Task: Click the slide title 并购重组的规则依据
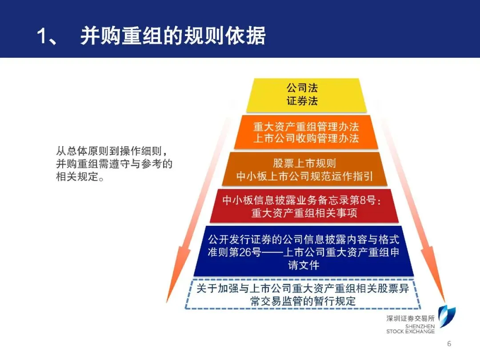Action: coord(173,36)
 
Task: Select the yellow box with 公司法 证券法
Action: coord(306,94)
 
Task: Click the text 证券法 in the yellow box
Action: coord(302,101)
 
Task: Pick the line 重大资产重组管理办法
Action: coord(306,126)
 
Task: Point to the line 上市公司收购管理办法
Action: coord(306,138)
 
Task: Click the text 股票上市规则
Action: coord(304,163)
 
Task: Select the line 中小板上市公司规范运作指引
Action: coord(304,176)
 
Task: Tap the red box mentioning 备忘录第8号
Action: coord(304,206)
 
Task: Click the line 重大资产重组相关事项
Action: coord(304,213)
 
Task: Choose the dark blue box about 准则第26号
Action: coord(304,252)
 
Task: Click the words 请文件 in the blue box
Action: coord(304,265)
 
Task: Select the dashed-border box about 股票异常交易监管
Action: coord(303,294)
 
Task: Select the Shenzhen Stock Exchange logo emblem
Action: coord(446,317)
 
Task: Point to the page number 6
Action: coord(449,344)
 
